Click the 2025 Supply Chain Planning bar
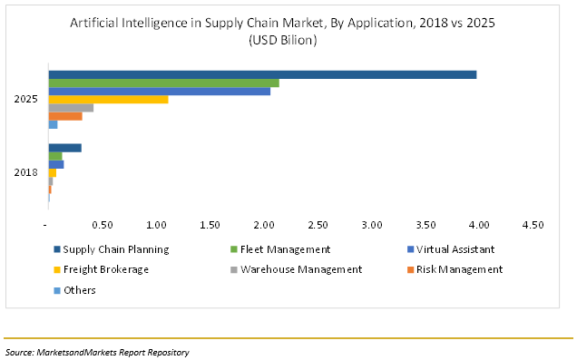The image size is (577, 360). point(262,74)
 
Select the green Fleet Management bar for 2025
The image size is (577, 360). point(163,83)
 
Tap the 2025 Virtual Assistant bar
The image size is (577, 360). point(159,91)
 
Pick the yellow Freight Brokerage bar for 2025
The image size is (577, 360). point(108,99)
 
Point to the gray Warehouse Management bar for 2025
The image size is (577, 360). point(71,108)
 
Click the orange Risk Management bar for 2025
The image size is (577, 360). point(64,116)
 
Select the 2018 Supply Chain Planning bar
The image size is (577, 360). point(64,148)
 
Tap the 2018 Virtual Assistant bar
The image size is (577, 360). point(55,164)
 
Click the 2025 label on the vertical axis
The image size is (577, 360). point(26,100)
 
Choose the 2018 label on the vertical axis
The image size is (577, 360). point(26,172)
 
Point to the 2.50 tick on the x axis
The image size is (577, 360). point(318,224)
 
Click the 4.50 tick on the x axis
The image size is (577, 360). point(533,224)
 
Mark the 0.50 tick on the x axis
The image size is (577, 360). point(102,224)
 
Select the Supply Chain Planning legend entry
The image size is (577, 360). point(111,248)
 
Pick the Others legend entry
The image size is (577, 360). point(79,290)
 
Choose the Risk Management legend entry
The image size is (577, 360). point(457,269)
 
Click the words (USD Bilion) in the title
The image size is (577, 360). point(286,40)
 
